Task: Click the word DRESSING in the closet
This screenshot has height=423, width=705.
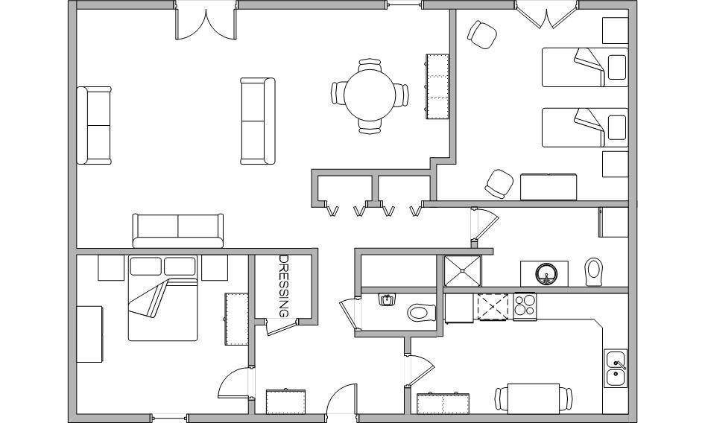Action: pos(284,286)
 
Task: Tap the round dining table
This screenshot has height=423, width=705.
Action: pos(370,95)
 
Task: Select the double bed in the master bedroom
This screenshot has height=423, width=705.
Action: pos(162,298)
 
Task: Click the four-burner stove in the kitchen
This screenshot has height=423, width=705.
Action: pos(525,306)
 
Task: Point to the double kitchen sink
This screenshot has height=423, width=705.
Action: pos(616,368)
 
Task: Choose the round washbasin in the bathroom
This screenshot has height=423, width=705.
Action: pos(546,273)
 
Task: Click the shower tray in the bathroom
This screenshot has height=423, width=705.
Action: pos(462,270)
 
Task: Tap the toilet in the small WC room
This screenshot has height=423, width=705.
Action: pos(422,313)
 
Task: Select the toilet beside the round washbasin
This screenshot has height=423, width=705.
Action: pos(593,272)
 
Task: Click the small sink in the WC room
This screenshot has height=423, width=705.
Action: pos(386,299)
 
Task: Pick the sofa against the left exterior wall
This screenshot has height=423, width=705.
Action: pos(94,125)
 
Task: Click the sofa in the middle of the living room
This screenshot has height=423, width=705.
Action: pos(258,121)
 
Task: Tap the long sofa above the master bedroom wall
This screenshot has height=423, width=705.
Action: pos(178,231)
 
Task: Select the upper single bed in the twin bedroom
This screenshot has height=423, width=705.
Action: pos(584,67)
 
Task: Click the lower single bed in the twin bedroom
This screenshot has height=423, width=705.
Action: pos(584,127)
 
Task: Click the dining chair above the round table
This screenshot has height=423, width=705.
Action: pos(370,65)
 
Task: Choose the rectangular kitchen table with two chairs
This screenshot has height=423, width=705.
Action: pos(534,398)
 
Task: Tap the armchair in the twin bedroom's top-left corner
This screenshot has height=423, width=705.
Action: pos(482,34)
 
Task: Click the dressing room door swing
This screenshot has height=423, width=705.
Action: pos(279,327)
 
